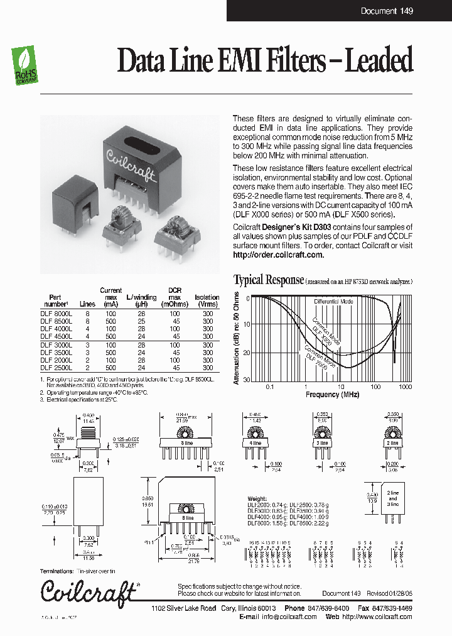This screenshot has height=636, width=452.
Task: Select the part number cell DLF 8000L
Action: (56, 312)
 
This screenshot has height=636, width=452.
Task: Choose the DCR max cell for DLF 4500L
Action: (175, 336)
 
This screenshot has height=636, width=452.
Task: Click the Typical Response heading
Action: (269, 280)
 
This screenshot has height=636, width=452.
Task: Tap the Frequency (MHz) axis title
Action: (332, 395)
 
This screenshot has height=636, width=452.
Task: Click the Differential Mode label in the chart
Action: (333, 302)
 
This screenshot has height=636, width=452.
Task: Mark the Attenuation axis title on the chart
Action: (237, 340)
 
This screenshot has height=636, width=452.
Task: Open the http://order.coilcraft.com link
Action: (278, 255)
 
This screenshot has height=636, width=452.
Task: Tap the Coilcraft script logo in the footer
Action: (89, 590)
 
